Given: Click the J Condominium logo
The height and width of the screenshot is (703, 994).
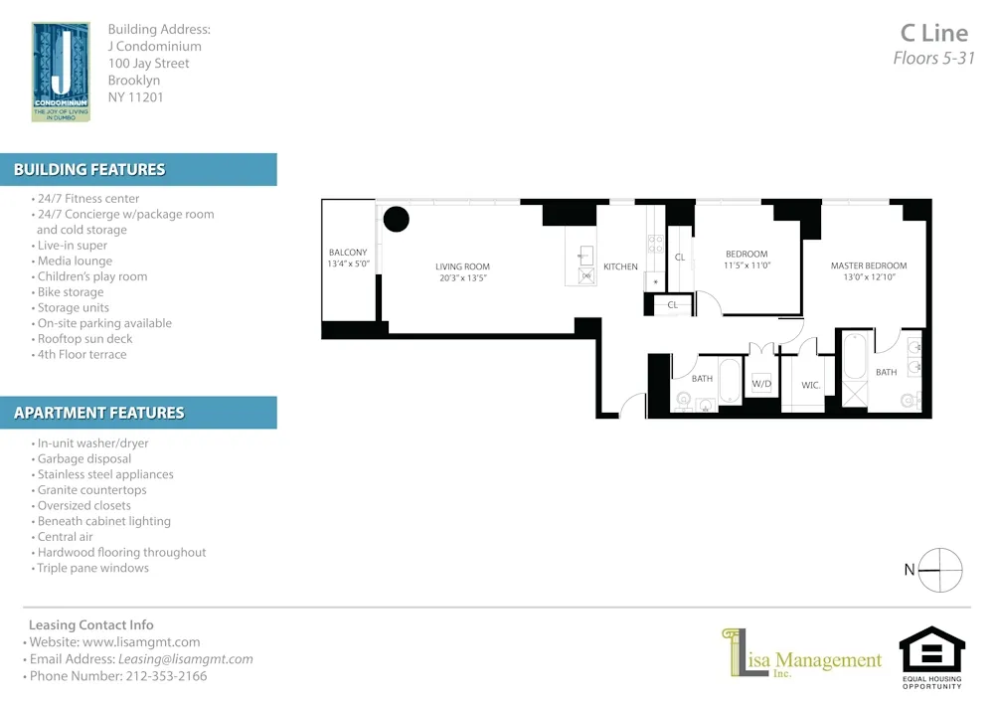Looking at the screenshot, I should [61, 72].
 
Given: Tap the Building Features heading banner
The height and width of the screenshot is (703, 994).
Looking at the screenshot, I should [138, 170].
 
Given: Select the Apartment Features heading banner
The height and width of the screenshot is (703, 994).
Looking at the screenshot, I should [138, 413].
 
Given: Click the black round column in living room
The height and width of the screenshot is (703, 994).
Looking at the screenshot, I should [397, 220].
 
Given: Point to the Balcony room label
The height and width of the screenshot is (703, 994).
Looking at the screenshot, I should [348, 253].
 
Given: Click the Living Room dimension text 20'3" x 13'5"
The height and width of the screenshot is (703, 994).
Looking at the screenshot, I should [462, 278].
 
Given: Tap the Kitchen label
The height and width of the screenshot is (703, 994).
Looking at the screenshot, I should [620, 266].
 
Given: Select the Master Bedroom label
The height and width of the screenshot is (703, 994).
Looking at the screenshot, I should [870, 265].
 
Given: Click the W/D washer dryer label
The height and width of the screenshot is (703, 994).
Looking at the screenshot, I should [761, 384].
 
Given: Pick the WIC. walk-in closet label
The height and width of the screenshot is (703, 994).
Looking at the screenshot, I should [810, 385].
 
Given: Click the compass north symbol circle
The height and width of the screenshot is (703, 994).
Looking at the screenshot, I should [940, 570].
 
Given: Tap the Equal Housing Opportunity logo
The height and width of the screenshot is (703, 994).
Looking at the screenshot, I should [931, 657].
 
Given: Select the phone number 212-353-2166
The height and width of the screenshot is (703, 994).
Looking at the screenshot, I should [166, 676].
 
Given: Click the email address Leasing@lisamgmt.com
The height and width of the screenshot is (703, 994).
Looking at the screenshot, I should [186, 659].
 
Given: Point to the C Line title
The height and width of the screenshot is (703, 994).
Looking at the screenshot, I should [933, 34].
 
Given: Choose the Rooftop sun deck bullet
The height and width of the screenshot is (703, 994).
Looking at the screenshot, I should [84, 339].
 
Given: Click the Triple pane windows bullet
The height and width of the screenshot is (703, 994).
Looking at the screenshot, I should [92, 569].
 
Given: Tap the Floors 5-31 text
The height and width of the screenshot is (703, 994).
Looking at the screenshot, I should [933, 59].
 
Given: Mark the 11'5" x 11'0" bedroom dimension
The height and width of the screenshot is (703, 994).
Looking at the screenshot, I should [746, 266].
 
